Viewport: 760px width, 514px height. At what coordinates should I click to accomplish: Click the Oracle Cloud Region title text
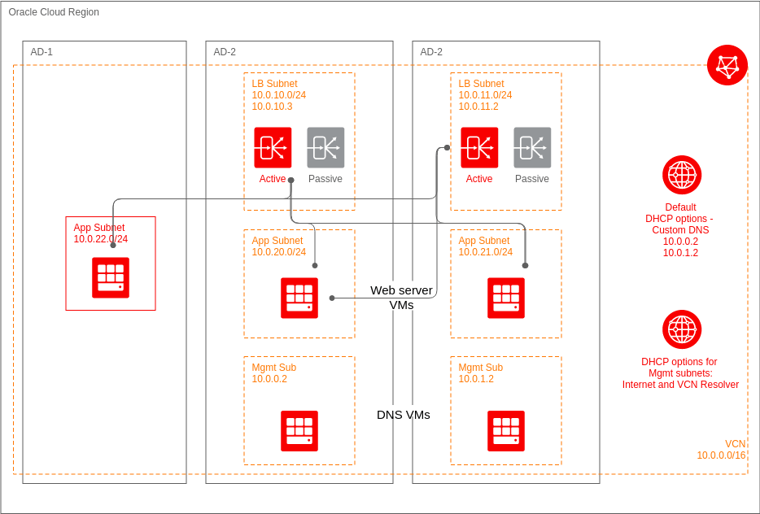[54, 12]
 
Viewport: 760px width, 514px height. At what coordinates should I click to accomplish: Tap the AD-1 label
[41, 52]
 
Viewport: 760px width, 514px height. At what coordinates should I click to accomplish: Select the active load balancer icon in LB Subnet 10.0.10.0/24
[273, 147]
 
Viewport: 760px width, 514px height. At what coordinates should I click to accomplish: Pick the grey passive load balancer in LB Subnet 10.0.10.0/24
[325, 147]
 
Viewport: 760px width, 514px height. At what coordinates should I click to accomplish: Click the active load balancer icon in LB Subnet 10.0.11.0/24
[479, 147]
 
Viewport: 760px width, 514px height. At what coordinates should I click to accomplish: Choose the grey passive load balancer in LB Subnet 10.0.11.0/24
[532, 147]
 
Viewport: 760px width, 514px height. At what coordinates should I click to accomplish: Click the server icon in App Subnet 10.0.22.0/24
[111, 277]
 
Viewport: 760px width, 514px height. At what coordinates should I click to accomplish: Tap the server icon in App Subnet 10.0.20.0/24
[299, 298]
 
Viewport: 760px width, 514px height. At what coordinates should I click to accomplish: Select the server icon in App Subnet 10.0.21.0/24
[506, 298]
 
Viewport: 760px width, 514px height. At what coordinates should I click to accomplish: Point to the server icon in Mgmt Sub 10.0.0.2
[299, 431]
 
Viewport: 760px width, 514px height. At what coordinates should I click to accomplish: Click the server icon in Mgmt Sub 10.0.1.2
[506, 431]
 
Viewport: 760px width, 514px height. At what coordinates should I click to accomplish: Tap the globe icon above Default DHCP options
[682, 175]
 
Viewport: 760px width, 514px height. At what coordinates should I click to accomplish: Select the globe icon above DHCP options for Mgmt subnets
[682, 329]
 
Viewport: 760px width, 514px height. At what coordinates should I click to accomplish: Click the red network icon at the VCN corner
[727, 65]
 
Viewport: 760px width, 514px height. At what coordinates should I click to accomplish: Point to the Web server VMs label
[401, 297]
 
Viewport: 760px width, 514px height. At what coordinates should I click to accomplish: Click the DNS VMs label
[403, 415]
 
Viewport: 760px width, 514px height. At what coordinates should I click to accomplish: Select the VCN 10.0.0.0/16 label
[721, 450]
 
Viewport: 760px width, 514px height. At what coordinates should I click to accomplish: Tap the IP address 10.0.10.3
[272, 107]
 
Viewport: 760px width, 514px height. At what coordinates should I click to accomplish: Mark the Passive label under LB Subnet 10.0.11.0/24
[532, 179]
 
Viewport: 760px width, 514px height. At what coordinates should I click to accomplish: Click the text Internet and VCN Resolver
[680, 385]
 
